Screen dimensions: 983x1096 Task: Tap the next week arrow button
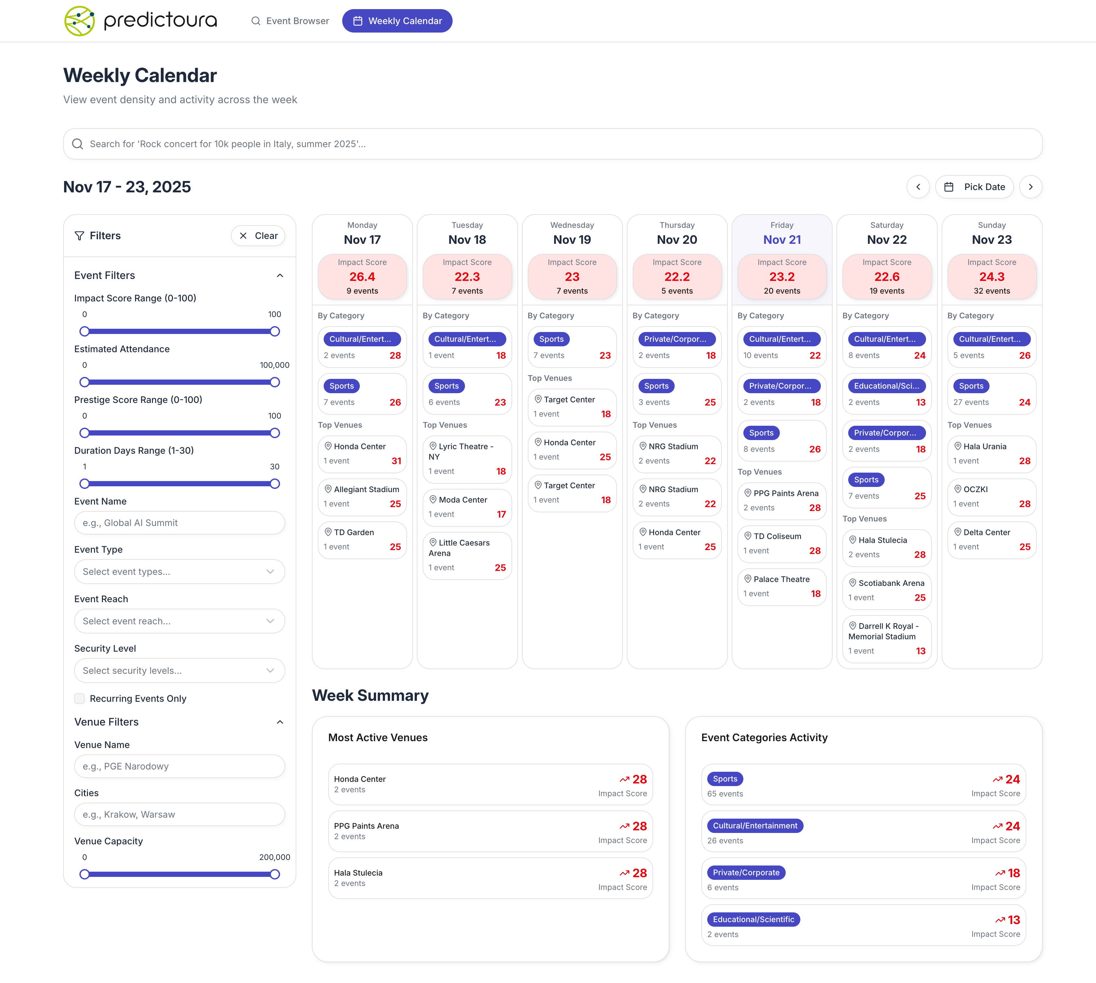tap(1030, 187)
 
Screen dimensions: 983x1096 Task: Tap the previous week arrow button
tap(918, 187)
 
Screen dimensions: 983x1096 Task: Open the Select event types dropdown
tap(179, 572)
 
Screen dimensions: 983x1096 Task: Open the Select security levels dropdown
tap(179, 670)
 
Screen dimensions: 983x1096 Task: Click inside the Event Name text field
tap(179, 523)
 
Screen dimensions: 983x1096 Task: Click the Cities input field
tap(179, 814)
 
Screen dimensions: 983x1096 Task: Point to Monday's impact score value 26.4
tap(362, 277)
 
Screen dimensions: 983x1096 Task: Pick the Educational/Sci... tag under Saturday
tap(886, 386)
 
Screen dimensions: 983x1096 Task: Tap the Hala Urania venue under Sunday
tap(985, 446)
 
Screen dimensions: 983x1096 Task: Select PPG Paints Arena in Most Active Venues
tap(366, 826)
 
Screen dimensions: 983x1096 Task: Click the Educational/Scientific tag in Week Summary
tap(753, 919)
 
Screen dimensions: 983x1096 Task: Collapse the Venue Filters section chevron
tap(280, 722)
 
